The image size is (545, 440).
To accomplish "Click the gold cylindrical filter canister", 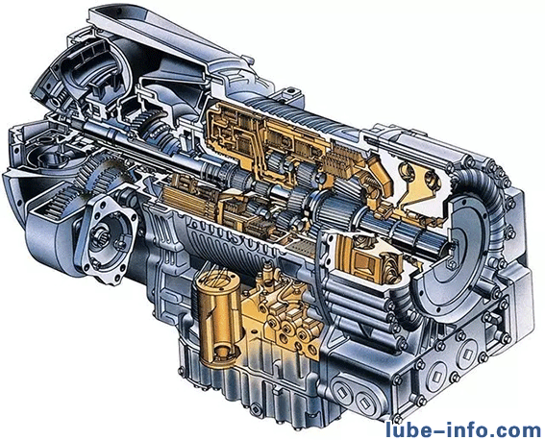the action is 214,318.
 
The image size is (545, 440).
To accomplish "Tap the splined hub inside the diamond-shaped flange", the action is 100,237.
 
